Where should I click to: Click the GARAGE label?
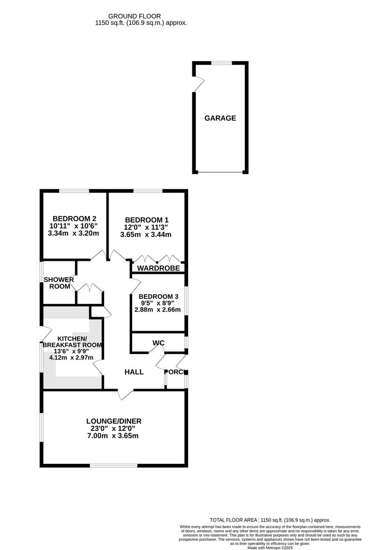[220, 118]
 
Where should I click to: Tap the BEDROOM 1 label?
[146, 219]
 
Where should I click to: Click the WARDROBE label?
[158, 268]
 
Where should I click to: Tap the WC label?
[158, 343]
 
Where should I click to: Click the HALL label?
[134, 372]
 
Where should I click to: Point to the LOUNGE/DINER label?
[113, 421]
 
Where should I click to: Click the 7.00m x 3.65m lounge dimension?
[113, 436]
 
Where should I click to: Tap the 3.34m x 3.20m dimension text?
[73, 233]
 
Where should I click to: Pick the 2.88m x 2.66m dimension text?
[157, 310]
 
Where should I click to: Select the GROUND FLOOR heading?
[141, 16]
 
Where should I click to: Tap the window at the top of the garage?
[220, 63]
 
